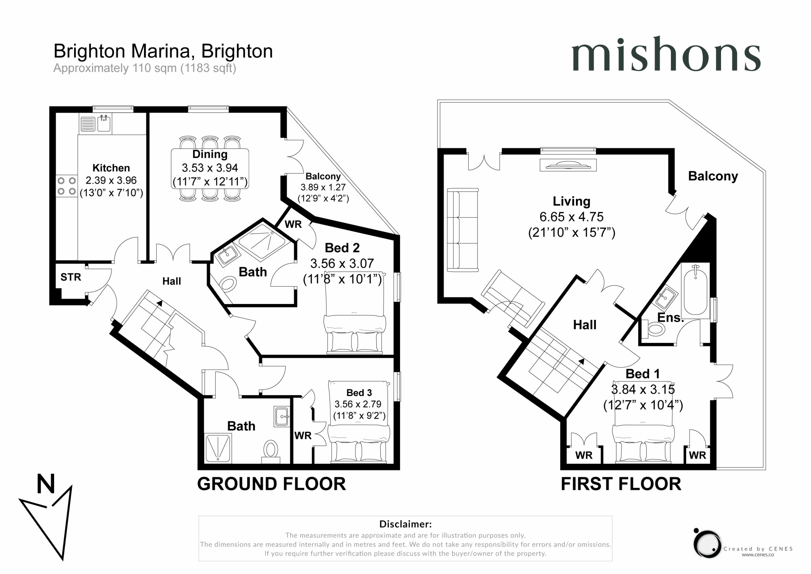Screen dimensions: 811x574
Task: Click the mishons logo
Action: (666, 54)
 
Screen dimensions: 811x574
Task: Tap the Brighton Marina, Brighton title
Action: (163, 51)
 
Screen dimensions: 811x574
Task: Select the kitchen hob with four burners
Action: (67, 186)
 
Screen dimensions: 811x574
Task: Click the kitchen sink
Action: (104, 123)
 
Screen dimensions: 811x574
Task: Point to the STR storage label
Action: (71, 277)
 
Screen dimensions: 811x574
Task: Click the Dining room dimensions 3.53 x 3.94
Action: (210, 168)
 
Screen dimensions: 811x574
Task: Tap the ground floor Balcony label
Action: (323, 176)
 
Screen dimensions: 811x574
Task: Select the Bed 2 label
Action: (342, 248)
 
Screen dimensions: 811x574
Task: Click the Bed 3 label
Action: (359, 393)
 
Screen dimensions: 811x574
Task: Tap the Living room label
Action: (572, 202)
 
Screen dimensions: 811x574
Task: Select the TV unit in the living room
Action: (568, 165)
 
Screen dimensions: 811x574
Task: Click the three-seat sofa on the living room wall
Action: (463, 230)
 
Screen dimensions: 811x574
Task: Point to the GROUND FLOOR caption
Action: (271, 484)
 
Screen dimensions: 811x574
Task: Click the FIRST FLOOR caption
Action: (621, 484)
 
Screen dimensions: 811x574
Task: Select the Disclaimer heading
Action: (405, 524)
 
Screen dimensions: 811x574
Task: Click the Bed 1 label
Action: (642, 374)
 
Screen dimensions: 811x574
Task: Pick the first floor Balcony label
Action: (713, 176)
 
